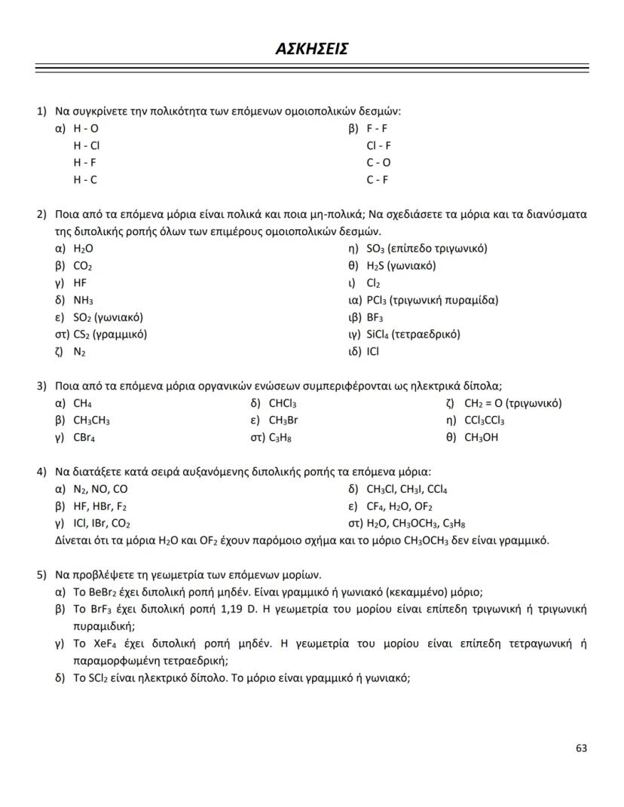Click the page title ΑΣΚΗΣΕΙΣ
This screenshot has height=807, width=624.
(x=311, y=49)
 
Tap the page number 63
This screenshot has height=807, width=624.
(x=580, y=748)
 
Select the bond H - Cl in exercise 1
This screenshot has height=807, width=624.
(x=86, y=145)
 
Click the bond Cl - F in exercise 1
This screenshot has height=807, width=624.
(x=378, y=145)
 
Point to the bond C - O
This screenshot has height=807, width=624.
(x=378, y=163)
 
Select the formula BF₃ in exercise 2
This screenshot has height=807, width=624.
(x=375, y=317)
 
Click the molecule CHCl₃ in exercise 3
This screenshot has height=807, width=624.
(x=283, y=403)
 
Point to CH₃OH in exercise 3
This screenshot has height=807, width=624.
(x=481, y=437)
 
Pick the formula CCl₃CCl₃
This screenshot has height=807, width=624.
(x=484, y=420)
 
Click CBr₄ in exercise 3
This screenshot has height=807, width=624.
(x=84, y=437)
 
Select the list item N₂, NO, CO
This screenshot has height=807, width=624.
(x=100, y=489)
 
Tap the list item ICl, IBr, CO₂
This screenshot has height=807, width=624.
(x=102, y=523)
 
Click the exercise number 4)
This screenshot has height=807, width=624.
(x=42, y=472)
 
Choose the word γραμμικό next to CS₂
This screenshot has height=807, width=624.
(x=121, y=334)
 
